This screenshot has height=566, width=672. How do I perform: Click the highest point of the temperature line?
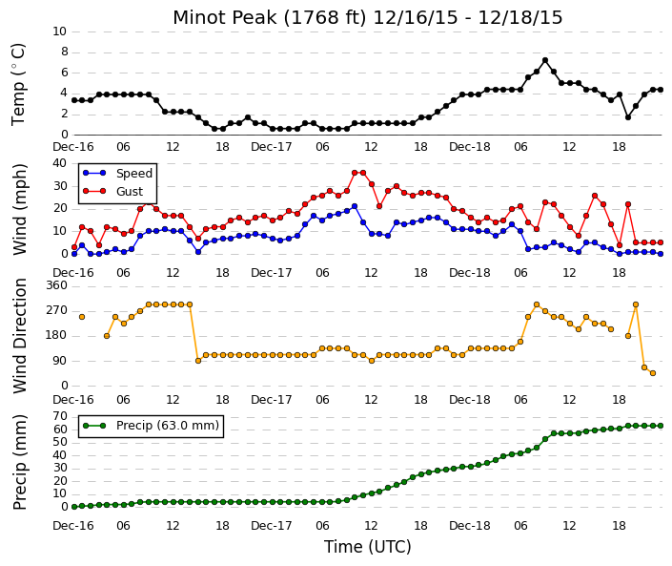click(544, 60)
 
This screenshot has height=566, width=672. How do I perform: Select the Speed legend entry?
click(117, 174)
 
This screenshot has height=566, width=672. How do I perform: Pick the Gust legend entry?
click(112, 192)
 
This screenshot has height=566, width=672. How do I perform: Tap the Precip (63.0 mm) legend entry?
click(151, 426)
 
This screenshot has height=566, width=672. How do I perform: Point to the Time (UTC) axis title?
click(367, 547)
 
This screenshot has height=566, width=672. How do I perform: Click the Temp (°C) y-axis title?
click(19, 85)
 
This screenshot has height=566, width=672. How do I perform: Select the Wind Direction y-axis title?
click(20, 336)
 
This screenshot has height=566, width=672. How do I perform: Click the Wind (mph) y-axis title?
click(20, 209)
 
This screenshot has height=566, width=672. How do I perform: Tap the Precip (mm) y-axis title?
click(20, 462)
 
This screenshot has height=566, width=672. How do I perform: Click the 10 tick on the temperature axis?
click(59, 31)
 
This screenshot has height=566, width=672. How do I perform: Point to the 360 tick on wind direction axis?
click(57, 285)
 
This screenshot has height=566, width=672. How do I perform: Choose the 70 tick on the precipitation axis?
click(60, 416)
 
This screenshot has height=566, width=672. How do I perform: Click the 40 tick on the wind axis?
click(59, 163)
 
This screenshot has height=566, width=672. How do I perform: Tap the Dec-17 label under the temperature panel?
click(272, 147)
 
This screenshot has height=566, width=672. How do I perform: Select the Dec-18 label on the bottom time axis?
click(470, 526)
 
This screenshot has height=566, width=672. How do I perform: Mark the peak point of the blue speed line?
click(355, 206)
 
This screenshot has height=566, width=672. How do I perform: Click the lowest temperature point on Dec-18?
click(628, 117)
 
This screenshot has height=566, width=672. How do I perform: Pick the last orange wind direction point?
click(653, 373)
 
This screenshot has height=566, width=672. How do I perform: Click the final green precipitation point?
click(661, 426)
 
